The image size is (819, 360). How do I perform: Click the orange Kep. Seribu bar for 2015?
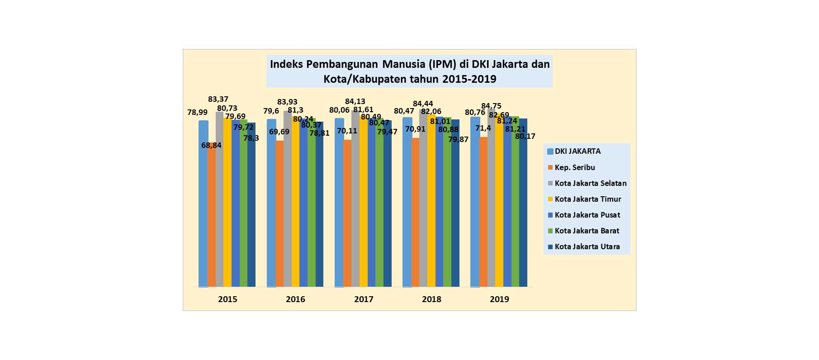point(212,217)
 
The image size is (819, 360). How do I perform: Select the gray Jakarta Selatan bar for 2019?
point(491,204)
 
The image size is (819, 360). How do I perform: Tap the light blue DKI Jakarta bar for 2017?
point(339,204)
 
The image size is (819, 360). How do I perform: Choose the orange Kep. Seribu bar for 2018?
point(416,213)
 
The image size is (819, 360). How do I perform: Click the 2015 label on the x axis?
point(227,299)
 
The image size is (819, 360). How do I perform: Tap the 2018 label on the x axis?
point(431,299)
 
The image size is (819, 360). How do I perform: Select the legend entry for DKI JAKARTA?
point(578,152)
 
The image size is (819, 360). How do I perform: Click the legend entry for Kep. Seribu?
point(574,167)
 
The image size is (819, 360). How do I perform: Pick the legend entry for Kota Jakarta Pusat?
point(587,215)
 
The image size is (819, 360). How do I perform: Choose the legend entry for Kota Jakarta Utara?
point(587,246)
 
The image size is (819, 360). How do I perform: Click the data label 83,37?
point(218,99)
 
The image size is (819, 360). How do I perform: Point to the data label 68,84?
point(211,145)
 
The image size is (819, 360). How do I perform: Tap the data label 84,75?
point(491,106)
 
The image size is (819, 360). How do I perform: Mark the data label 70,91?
point(415,129)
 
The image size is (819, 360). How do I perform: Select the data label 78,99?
point(198,112)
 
